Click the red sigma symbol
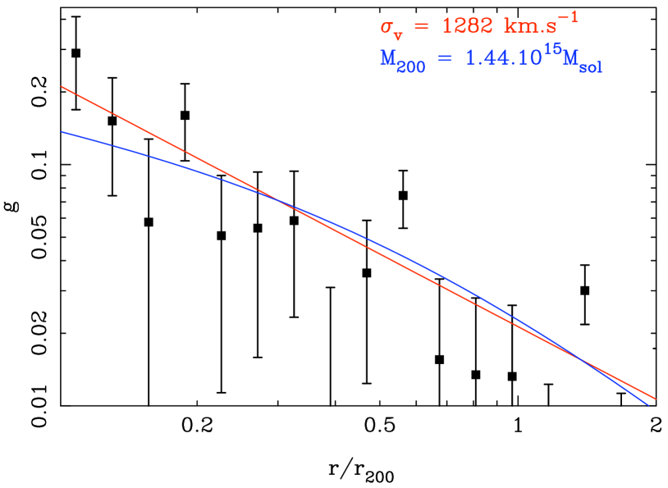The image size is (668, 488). pos(387,27)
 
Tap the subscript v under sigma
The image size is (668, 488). pos(398,35)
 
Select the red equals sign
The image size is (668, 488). pos(419,27)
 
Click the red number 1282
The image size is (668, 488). pos(465,26)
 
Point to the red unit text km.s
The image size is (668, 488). pos(529,26)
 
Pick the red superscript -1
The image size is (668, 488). pos(568,16)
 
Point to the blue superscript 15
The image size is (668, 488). pos(551,50)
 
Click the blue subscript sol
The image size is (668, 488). pos(591,68)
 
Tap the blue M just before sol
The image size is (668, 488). pos(570,59)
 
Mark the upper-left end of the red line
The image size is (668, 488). pos(62,86)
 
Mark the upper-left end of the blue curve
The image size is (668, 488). pos(62,131)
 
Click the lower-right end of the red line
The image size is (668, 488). pos(655,399)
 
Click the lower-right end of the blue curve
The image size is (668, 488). pos(649,404)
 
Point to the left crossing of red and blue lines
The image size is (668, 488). pos(281,202)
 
